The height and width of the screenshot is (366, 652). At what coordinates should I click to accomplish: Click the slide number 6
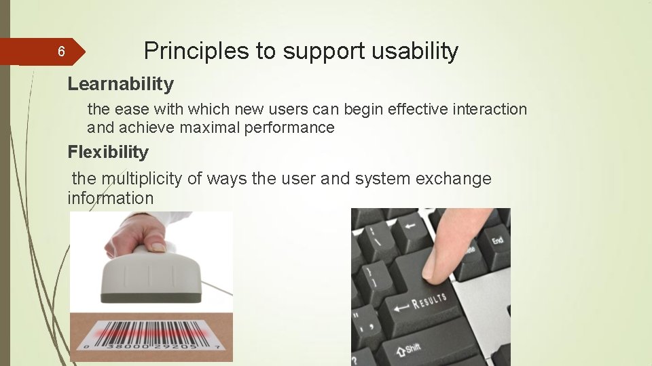coord(60,52)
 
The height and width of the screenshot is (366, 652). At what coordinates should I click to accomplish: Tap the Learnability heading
coord(120,84)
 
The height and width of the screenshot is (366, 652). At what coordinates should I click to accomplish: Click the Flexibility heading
coord(107,152)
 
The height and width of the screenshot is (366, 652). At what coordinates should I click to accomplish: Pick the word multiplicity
coord(142,179)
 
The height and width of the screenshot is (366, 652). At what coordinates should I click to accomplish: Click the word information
coord(110,198)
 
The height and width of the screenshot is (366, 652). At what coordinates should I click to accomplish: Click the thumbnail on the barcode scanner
coord(158,247)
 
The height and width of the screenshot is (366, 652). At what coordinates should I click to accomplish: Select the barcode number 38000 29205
coord(151,346)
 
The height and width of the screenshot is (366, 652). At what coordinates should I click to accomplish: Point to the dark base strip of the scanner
coord(151,297)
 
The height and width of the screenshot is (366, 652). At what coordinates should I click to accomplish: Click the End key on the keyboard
coord(497,241)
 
